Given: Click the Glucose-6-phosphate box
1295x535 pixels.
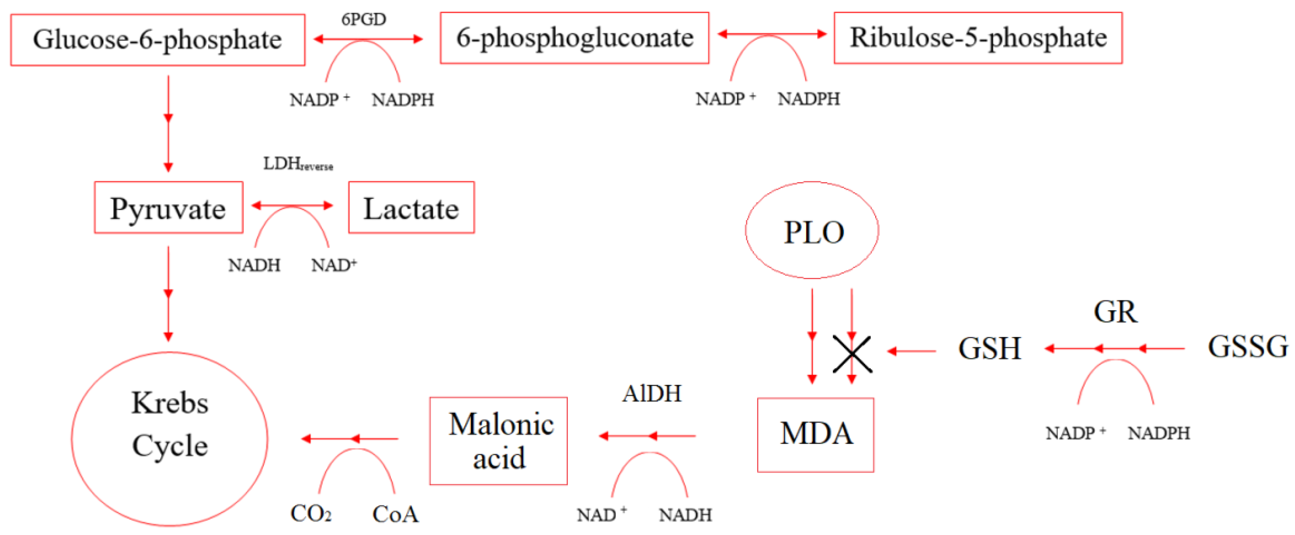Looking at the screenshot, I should coord(157,40).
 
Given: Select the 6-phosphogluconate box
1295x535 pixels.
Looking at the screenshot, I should coord(574,38).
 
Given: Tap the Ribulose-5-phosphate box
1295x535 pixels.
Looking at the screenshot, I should coord(978,38).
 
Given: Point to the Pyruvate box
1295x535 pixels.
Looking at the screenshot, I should coord(168,208).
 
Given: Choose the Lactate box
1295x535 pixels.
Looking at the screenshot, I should coord(411,208).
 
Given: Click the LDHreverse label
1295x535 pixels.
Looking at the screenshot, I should coord(297,164).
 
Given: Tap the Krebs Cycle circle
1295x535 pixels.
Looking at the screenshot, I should coord(169,439).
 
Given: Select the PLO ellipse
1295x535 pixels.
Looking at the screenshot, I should coord(812,230).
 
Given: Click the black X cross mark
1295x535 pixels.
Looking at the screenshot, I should coord(852,354).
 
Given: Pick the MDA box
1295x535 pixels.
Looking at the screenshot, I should coord(815,435).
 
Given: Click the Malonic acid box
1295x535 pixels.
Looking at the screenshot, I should coord(498,441).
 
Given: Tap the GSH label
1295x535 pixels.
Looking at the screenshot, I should coord(989,348).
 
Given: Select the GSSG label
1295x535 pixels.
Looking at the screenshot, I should coord(1247,347).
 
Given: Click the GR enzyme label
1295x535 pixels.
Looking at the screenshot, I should coord(1115,312).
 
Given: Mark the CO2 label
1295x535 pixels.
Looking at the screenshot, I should coord(311,513).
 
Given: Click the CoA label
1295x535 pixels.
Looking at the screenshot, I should coord(395,513).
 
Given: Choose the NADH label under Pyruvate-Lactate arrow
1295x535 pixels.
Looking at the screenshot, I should coord(254,265).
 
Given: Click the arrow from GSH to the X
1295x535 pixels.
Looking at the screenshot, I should coord(911,351).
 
